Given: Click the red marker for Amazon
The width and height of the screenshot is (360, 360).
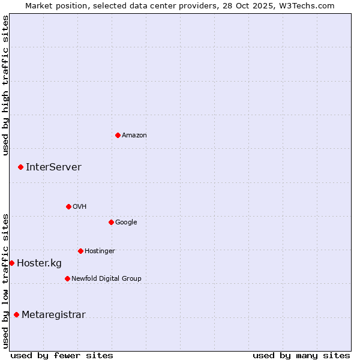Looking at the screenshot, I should coord(118,135).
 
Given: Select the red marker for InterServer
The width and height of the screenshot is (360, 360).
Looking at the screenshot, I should coord(20,167).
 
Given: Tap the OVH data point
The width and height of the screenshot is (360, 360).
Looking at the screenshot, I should coord(68,206).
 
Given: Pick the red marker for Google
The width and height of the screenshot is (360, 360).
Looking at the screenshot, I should coord(111,222).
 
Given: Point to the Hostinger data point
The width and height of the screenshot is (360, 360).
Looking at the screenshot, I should coord(80,251).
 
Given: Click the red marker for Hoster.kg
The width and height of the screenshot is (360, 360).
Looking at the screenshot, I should coord(11,263).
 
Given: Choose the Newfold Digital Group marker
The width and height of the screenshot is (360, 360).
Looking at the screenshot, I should coord(67,278).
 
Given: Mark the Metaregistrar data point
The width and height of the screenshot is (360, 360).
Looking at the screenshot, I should coord(16,314).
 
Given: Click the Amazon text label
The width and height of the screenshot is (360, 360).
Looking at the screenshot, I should coord(134,136).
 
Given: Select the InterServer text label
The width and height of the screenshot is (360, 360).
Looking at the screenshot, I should coord(53,167).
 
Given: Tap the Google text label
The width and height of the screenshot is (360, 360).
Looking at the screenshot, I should coord(126,223).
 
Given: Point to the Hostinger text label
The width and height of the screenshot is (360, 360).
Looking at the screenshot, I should coord(100,251).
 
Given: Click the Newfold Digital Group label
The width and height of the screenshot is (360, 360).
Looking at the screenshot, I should coord(106,279).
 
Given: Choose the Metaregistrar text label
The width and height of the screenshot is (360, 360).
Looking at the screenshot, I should coord(53,315).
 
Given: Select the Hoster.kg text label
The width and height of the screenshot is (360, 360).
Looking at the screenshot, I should coord(39,263).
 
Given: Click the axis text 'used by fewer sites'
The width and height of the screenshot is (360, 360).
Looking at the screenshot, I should coord(62,355).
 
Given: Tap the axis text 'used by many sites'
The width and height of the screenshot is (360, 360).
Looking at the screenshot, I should coord(301,355).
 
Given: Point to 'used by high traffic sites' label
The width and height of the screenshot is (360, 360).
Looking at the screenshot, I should coord(5,85).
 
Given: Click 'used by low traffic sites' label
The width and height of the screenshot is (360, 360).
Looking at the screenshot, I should coord(5,281).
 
